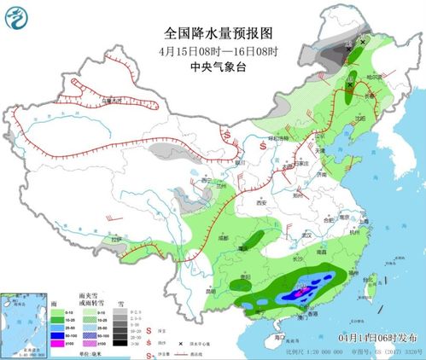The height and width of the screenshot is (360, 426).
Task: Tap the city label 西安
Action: (x=261, y=202)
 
